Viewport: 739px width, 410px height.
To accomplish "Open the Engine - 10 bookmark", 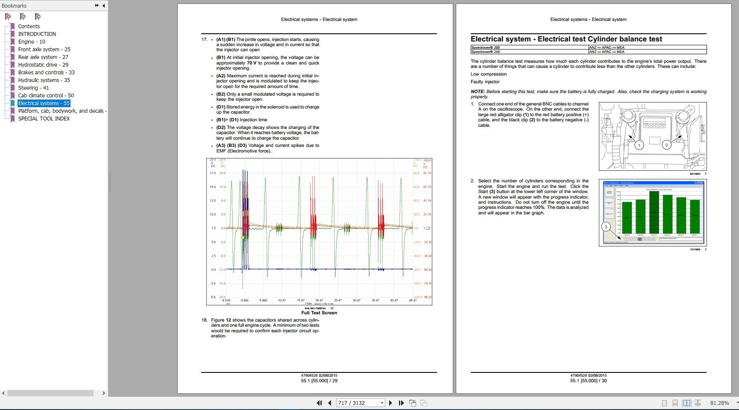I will click(32, 42).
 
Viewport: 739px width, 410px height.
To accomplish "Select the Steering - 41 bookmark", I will click(33, 88).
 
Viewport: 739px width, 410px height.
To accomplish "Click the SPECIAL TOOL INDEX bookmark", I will click(44, 119).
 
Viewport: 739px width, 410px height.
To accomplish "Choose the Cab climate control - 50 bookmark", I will click(46, 96).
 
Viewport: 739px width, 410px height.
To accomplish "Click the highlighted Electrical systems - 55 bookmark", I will click(44, 103).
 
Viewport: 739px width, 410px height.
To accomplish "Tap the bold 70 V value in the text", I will click(252, 63).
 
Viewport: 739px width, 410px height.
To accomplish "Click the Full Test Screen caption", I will click(319, 313).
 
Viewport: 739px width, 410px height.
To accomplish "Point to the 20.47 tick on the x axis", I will click(319, 301).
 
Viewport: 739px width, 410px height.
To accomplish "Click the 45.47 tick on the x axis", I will click(412, 301).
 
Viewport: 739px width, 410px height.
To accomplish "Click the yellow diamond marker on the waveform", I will click(243, 237).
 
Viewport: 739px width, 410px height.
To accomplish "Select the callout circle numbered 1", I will click(639, 145).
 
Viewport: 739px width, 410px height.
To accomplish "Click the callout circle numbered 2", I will click(666, 145).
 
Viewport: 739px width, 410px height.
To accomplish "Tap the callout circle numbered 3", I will click(606, 227).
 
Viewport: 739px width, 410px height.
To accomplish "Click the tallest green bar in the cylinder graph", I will click(654, 212).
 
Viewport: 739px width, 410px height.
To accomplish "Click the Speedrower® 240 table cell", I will click(485, 52).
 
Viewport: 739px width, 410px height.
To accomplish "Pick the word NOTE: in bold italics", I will click(478, 92).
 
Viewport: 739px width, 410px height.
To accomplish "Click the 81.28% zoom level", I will click(719, 403).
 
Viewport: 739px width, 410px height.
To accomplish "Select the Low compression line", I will click(489, 74).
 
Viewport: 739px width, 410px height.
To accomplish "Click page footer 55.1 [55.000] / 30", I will click(588, 381).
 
